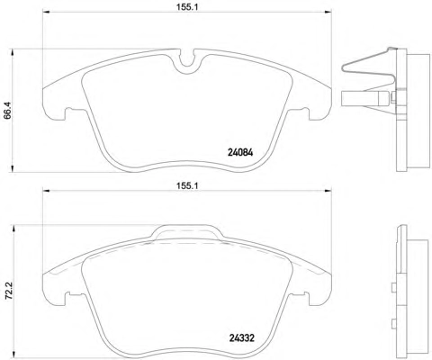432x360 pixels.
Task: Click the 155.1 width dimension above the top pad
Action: pyautogui.click(x=187, y=7)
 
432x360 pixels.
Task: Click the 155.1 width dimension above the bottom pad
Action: pyautogui.click(x=187, y=185)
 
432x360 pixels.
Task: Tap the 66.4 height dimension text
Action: pyautogui.click(x=7, y=111)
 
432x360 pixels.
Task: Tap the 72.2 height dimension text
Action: pyautogui.click(x=9, y=291)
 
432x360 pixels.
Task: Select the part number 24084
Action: pyautogui.click(x=240, y=153)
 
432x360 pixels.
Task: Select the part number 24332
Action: pyautogui.click(x=242, y=338)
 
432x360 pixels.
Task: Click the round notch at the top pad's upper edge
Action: pyautogui.click(x=187, y=61)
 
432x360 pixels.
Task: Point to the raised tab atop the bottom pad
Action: pyautogui.click(x=187, y=232)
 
